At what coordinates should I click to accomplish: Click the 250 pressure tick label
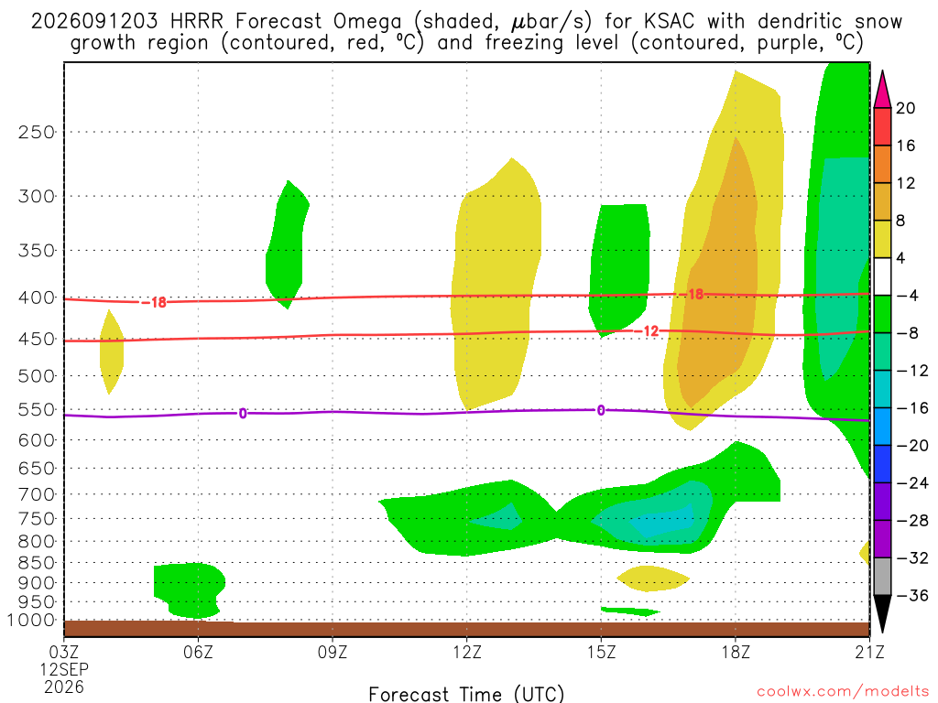click(36, 132)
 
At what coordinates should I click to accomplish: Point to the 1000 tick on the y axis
click(30, 621)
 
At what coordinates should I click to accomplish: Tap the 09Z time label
click(332, 652)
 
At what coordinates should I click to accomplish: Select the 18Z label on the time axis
click(736, 652)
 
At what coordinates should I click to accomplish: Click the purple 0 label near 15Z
click(601, 410)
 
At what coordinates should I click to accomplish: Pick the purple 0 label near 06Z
click(242, 414)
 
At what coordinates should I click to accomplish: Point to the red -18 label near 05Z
click(154, 302)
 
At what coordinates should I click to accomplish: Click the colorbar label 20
click(905, 108)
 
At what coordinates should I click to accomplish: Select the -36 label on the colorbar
click(912, 595)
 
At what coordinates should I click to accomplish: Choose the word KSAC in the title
click(670, 22)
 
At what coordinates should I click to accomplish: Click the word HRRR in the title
click(196, 22)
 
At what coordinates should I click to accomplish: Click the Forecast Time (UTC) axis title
click(466, 694)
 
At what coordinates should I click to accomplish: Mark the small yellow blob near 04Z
click(112, 351)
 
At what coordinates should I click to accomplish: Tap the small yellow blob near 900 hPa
click(652, 579)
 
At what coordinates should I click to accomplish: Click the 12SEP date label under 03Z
click(64, 669)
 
